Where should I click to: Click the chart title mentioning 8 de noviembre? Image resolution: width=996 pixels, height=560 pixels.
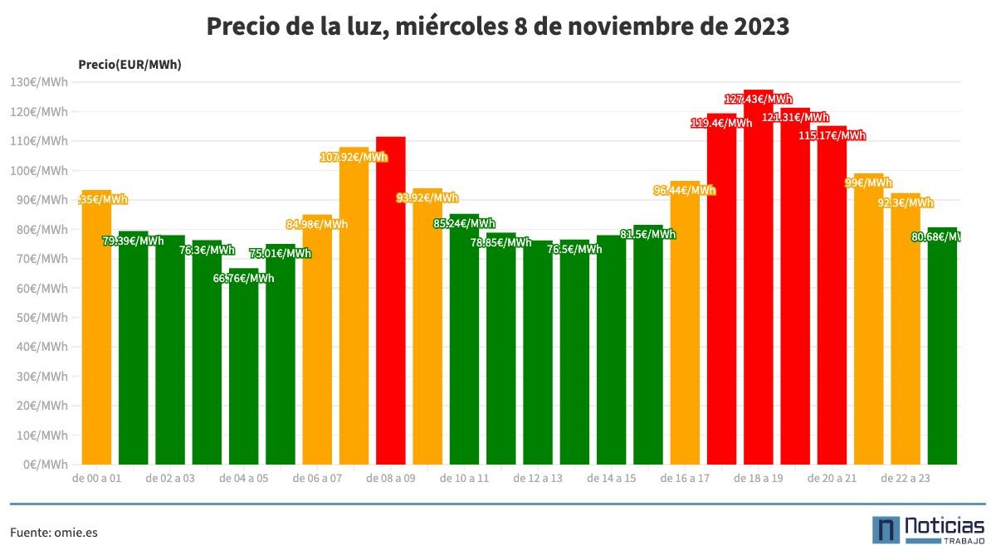[497, 27]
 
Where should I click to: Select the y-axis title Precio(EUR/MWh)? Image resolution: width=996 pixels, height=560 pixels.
[129, 64]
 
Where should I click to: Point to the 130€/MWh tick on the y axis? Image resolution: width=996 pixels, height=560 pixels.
[39, 82]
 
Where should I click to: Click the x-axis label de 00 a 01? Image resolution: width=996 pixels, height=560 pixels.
[97, 479]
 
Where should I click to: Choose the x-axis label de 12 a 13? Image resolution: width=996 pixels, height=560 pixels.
[538, 479]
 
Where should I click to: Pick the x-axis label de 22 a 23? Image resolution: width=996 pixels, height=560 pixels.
[906, 479]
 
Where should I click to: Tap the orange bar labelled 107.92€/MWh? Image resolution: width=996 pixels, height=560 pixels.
[354, 307]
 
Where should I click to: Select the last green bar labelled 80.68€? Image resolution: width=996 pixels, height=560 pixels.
[942, 348]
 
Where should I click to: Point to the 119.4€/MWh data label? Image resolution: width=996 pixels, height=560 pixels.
[721, 123]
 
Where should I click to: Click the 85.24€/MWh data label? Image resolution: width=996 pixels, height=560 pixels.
[464, 223]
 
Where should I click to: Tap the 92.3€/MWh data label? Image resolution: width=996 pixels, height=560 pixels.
[906, 202]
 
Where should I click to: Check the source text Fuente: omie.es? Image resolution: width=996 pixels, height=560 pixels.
[54, 533]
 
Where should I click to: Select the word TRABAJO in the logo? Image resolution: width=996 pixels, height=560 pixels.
[963, 541]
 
